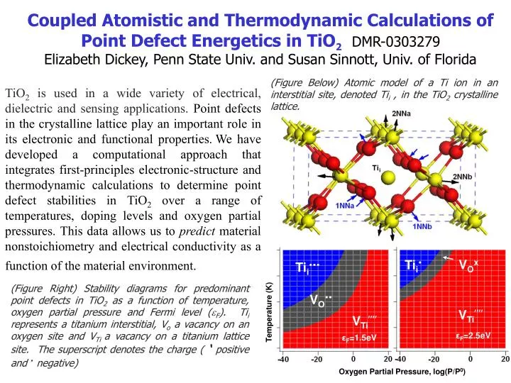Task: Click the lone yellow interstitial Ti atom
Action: click(x=387, y=181)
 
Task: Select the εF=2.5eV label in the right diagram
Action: click(x=471, y=335)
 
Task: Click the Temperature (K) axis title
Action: click(x=269, y=310)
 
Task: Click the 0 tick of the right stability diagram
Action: click(x=470, y=359)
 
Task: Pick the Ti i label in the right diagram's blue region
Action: click(x=413, y=265)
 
